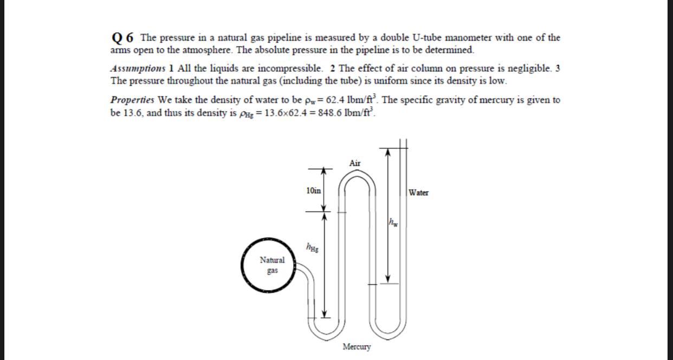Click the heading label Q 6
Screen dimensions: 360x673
point(122,37)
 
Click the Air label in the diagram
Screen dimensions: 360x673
point(355,163)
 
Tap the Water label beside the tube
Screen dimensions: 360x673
point(418,192)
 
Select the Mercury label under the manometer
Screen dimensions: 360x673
point(357,346)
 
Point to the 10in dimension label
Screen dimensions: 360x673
point(313,190)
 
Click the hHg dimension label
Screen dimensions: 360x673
point(313,249)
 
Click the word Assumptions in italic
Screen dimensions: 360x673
point(137,69)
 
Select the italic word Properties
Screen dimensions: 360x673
point(133,100)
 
